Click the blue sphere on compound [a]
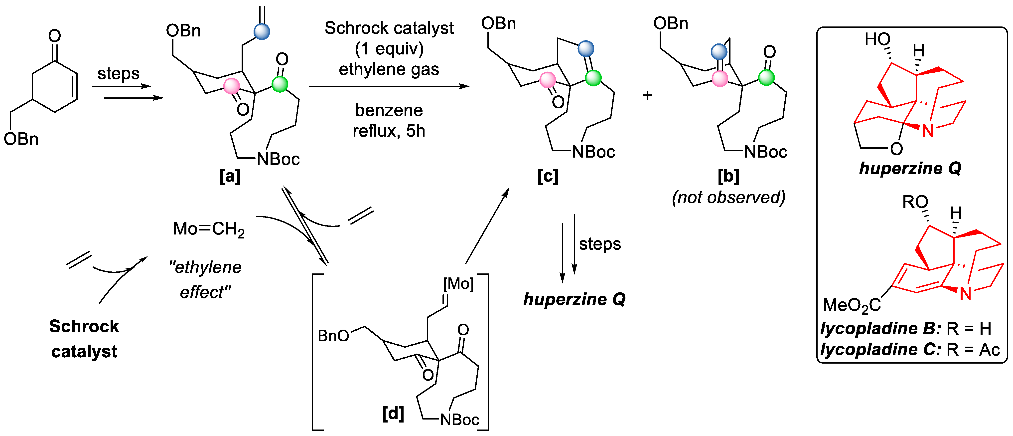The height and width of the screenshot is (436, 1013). [x=262, y=31]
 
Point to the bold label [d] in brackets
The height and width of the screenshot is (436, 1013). [x=393, y=413]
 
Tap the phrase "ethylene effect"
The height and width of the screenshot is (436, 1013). [x=205, y=279]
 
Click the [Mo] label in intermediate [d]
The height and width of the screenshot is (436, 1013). [x=458, y=283]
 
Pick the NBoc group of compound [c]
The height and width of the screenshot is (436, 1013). [x=593, y=152]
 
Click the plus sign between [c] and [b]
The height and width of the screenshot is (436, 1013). [x=647, y=95]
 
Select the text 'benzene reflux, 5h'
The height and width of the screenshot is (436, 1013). [x=389, y=120]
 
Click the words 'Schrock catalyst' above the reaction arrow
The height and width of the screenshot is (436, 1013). [x=389, y=28]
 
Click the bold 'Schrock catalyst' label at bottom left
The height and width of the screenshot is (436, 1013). [x=84, y=338]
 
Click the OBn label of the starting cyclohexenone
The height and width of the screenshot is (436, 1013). [x=21, y=139]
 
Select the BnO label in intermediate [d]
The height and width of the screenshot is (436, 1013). [x=333, y=336]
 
